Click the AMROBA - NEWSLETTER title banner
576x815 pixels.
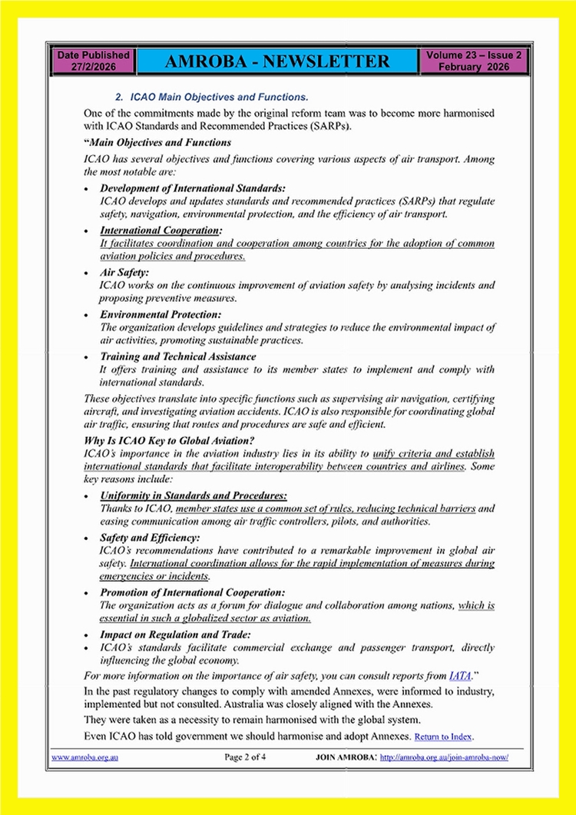point(274,61)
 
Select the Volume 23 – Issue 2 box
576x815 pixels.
point(474,61)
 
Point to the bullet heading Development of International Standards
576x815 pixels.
point(193,188)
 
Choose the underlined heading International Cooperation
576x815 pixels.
point(161,230)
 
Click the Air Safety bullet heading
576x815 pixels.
point(125,272)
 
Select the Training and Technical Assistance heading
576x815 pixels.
point(178,356)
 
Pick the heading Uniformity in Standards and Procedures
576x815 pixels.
point(194,496)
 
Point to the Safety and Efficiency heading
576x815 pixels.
point(150,538)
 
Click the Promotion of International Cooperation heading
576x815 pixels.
point(192,592)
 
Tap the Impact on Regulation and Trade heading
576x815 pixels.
point(175,634)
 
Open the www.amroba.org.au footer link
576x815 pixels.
point(86,757)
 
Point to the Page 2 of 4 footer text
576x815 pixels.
point(246,757)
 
